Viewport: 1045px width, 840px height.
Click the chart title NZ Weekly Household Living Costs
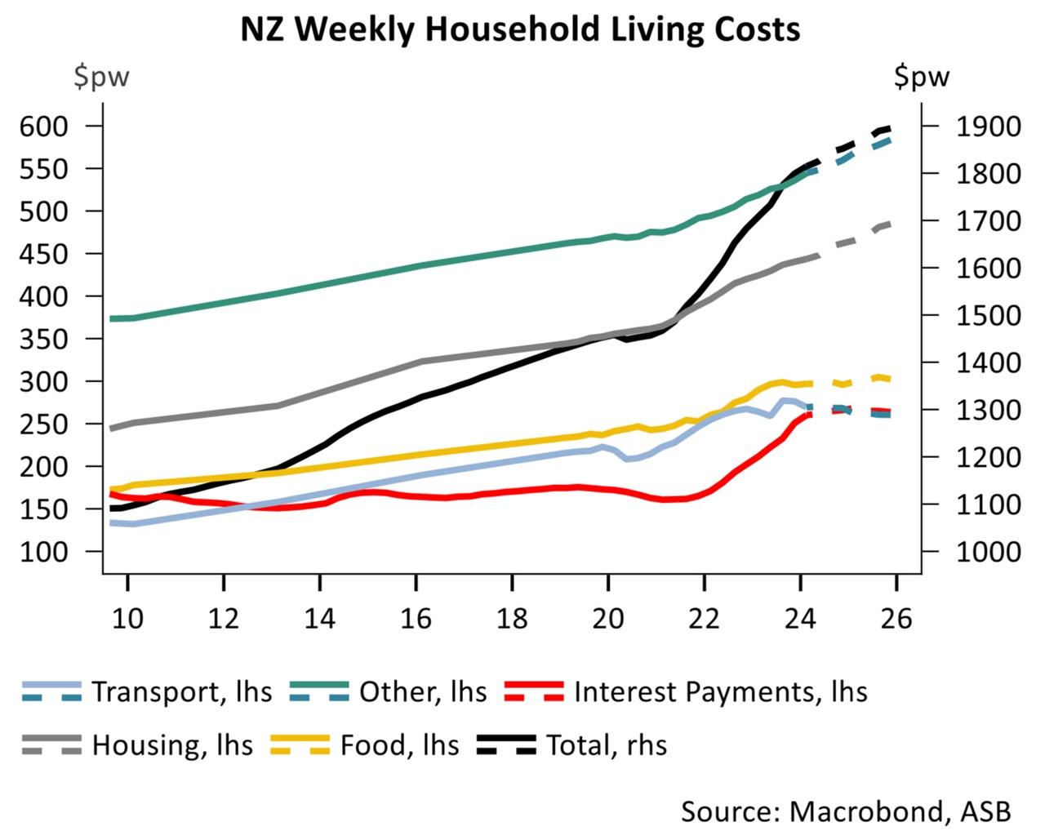tap(520, 29)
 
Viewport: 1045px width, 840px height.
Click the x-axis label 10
tap(127, 618)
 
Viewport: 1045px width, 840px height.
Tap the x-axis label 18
tap(512, 618)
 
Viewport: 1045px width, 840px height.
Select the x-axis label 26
tap(896, 618)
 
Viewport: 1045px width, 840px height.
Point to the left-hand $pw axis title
tap(101, 77)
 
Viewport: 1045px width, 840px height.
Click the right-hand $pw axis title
tap(922, 77)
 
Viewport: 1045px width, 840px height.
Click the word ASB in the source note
tap(985, 811)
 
